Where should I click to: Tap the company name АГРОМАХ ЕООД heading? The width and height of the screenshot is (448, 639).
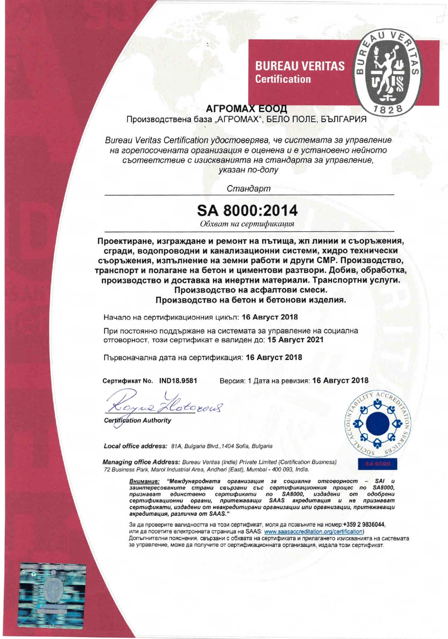[246, 109]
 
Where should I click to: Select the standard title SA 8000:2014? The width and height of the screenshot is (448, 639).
[247, 211]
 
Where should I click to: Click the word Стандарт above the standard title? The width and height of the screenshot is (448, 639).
[248, 188]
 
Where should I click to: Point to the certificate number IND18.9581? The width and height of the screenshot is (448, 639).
[178, 381]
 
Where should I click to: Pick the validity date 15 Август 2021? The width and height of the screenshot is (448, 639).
[295, 340]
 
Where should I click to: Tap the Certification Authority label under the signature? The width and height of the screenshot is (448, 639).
[138, 420]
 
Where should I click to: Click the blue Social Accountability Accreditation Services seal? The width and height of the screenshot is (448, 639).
[377, 423]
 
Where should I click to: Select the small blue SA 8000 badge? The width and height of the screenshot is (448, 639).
[377, 464]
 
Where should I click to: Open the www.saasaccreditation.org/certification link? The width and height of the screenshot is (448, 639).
[313, 532]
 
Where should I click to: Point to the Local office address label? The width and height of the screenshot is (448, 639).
[135, 446]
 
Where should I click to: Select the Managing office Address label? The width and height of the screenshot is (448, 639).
[141, 462]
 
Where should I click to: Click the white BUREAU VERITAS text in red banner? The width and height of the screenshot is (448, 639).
[300, 66]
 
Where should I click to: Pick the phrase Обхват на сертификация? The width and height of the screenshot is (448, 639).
[247, 224]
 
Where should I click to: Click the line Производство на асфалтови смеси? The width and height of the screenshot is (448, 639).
[251, 290]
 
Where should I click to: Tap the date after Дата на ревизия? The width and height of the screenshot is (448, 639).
[340, 381]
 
